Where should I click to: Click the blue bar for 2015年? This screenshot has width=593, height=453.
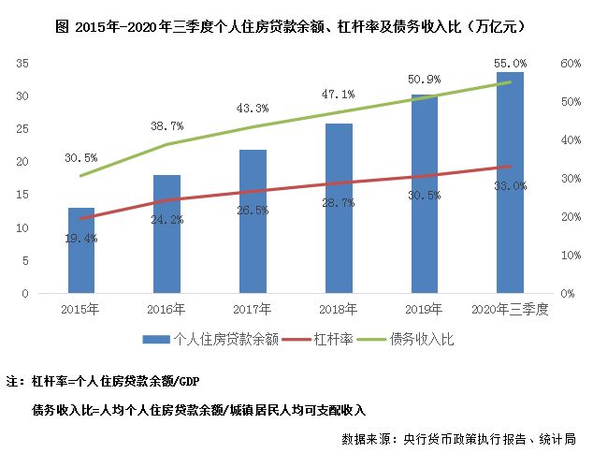[81, 250]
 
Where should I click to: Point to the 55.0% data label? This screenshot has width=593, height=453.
[510, 63]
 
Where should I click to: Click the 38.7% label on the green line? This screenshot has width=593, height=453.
[166, 125]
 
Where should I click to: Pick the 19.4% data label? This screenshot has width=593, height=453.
[81, 239]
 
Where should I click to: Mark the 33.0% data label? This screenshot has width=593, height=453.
[510, 186]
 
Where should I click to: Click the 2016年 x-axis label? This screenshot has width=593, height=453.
[166, 308]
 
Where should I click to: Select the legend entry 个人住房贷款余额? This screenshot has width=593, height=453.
[200, 340]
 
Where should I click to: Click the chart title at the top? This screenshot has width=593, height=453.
[296, 22]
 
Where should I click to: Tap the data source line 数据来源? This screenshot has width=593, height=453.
[457, 437]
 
